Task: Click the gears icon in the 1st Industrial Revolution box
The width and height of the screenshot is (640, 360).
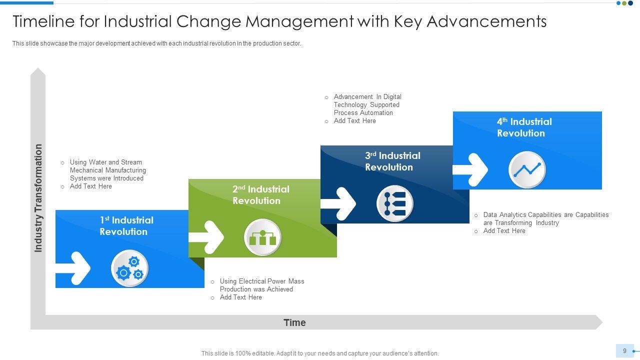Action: tap(129, 269)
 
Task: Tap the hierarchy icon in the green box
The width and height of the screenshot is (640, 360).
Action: tap(262, 237)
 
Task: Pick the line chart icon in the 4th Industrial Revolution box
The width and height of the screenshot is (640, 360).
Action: tap(527, 170)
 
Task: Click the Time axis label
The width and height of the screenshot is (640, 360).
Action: tap(294, 322)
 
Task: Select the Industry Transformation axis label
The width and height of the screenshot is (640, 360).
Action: tap(38, 198)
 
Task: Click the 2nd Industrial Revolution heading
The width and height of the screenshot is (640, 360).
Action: tap(260, 195)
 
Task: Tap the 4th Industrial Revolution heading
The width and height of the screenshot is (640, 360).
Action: tap(524, 127)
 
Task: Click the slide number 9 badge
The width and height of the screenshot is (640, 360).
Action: tap(624, 351)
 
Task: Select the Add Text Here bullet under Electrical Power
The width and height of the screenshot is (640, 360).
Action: tap(240, 297)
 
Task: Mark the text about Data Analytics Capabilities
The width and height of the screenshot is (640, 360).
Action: tap(545, 218)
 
